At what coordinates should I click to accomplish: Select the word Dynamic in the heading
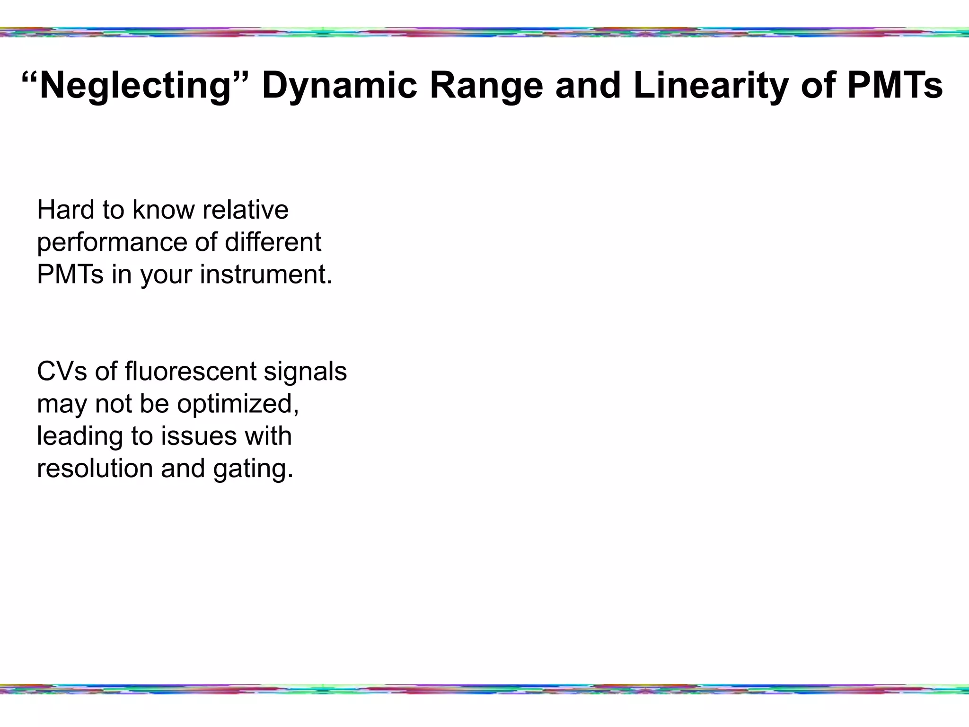pos(339,86)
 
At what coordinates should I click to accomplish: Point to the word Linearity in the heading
pos(710,86)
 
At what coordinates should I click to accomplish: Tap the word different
pos(273,242)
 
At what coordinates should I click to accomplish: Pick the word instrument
pos(266,275)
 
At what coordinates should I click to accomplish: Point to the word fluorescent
pos(190,371)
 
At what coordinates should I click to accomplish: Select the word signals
pos(305,371)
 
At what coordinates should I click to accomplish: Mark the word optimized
pos(238,404)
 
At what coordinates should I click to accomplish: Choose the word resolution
pos(95,469)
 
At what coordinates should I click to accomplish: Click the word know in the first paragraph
pos(163,210)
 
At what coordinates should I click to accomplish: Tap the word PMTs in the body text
pos(70,275)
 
